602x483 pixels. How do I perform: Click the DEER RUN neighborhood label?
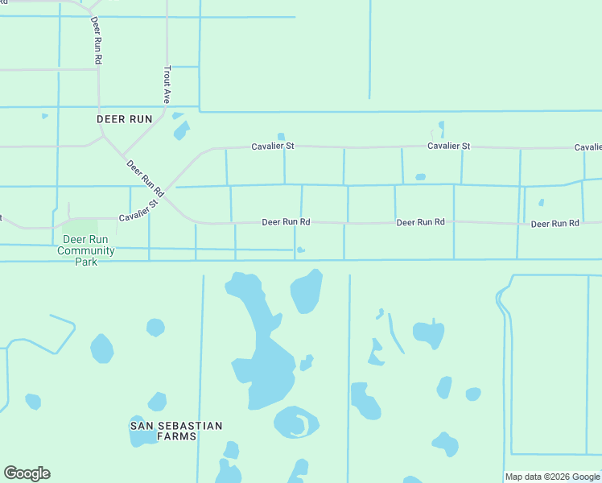(125, 118)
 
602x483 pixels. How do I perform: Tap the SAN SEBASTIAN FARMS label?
(176, 430)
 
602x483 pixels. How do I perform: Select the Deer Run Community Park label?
(86, 250)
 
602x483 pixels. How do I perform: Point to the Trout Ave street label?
(167, 85)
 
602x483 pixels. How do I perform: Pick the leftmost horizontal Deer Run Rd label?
(286, 222)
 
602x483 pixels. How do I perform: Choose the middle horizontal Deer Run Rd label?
(420, 222)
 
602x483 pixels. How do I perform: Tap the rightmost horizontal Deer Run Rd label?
(555, 223)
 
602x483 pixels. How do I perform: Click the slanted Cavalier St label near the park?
(139, 211)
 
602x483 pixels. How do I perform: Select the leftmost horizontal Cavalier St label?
(273, 147)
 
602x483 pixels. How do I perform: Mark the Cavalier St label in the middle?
(448, 147)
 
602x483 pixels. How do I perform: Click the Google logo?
(27, 473)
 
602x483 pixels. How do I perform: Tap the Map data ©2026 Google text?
(552, 477)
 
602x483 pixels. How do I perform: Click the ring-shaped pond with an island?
(295, 422)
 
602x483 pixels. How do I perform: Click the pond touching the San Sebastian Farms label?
(143, 438)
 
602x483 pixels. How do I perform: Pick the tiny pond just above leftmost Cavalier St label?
(280, 136)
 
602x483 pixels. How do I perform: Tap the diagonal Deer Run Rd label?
(146, 179)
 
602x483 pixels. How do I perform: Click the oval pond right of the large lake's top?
(307, 291)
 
